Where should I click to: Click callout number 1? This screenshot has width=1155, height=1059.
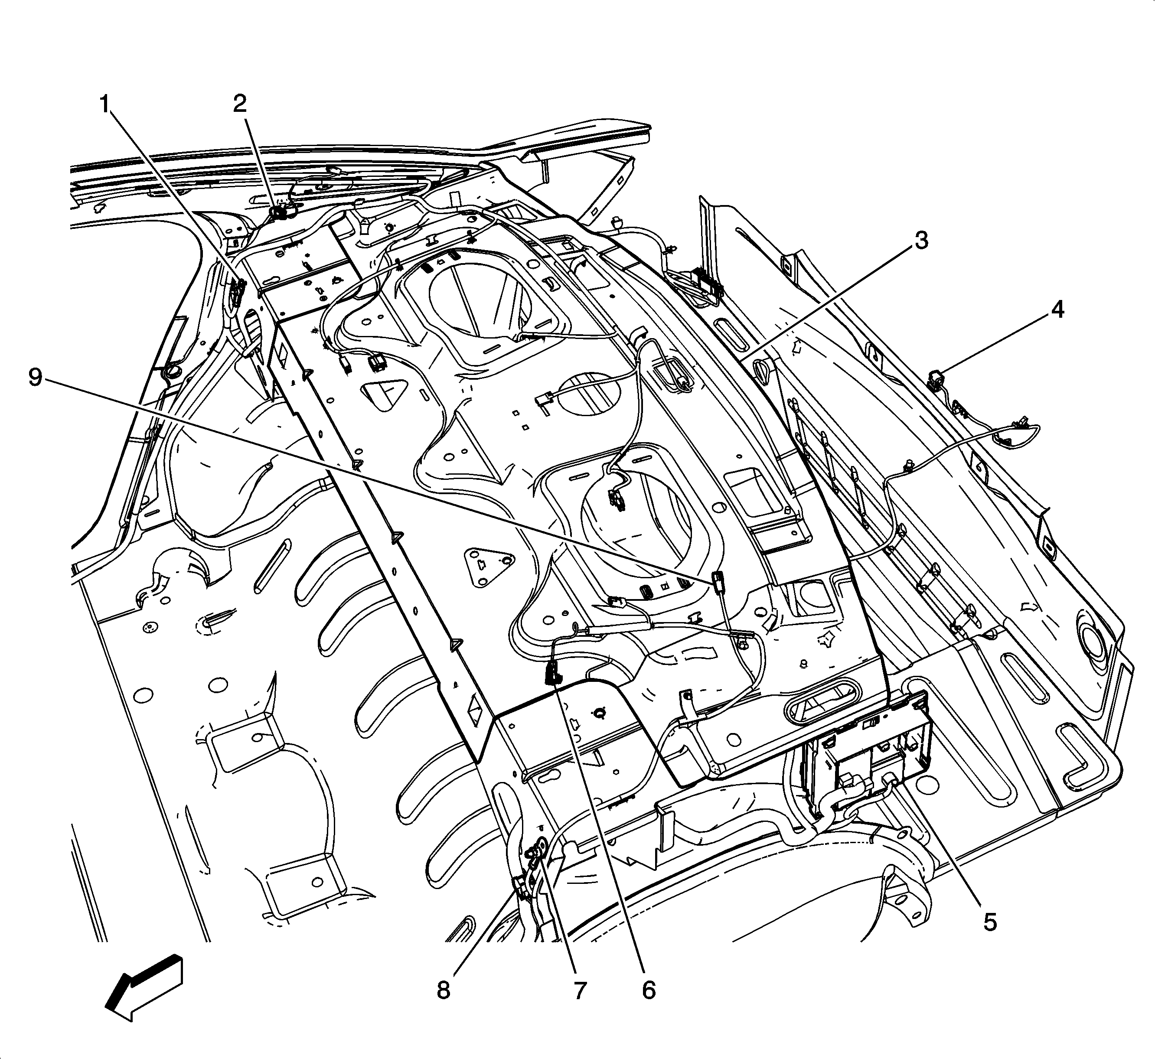coord(105,105)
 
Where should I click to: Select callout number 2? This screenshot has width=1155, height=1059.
coord(240,104)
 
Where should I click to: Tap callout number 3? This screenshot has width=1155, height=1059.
coord(920,241)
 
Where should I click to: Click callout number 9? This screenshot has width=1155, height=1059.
coord(36,378)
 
